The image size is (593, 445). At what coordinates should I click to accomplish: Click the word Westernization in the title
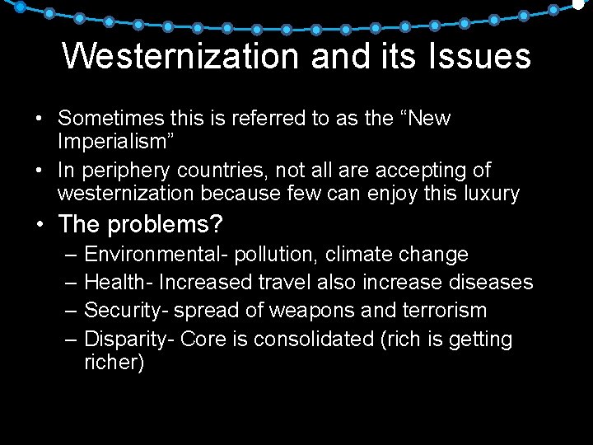[x=180, y=56]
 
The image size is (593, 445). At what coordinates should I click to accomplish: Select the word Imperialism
[x=115, y=142]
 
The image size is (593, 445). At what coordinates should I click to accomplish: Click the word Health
[x=114, y=282]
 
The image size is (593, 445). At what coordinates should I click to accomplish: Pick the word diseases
[x=491, y=282]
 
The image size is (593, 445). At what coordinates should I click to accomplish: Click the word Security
[x=119, y=311]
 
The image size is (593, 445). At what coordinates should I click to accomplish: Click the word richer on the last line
[x=114, y=363]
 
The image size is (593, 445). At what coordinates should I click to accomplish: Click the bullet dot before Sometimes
[x=40, y=119]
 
